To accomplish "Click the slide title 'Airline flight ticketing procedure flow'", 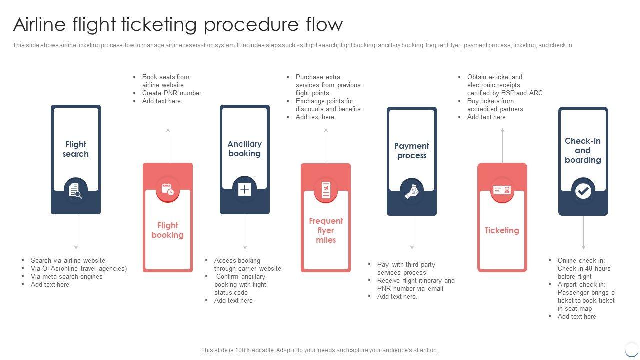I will [178, 24].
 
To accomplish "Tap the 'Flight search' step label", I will [76, 149].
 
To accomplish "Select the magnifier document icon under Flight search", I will [76, 190].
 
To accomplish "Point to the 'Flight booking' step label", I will [168, 230].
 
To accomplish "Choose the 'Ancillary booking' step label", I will [244, 149].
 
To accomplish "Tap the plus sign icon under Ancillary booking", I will [244, 189].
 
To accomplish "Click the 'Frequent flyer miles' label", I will [326, 230].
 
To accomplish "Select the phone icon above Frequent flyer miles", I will [326, 190].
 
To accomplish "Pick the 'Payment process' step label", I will [412, 151].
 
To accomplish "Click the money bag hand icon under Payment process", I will [412, 191].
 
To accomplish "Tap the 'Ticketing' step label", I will [502, 230].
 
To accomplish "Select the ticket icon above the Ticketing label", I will [502, 190].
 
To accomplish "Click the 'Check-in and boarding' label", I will [583, 150].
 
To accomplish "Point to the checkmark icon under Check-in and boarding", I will [583, 191].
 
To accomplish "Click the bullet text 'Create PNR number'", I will [171, 93].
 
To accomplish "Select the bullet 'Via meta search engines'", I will [66, 276].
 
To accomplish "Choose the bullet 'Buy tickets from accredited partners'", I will [495, 105].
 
